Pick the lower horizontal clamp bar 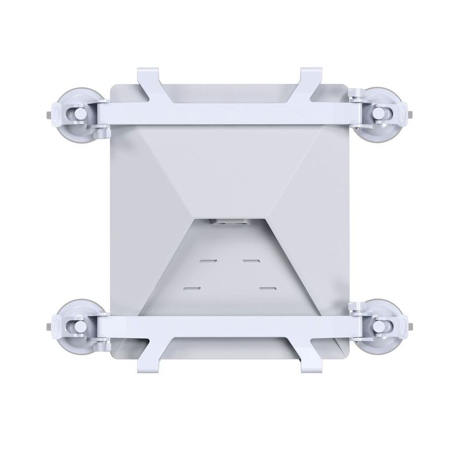[x=229, y=328]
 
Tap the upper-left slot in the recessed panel [x=207, y=260]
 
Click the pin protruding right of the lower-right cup [x=414, y=327]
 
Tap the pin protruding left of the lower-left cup [x=46, y=327]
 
